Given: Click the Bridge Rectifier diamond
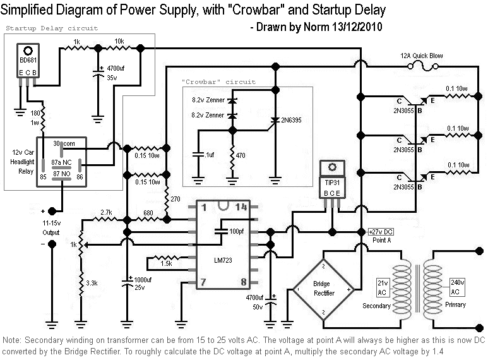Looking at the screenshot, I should coord(324,289).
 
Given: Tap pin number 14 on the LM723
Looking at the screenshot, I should coord(241,208).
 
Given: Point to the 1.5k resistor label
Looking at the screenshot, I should coord(166,262).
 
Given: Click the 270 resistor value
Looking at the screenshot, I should coord(176,198).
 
